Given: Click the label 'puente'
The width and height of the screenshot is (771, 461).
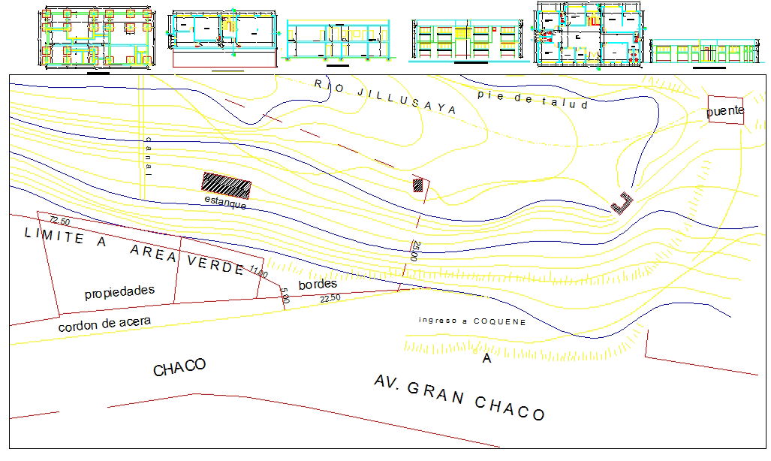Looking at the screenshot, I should [x=725, y=112].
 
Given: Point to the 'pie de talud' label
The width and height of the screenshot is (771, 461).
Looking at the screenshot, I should [x=532, y=100].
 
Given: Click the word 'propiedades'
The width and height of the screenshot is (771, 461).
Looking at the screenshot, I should [x=119, y=291].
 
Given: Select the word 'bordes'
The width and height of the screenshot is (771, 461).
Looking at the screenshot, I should [x=318, y=285].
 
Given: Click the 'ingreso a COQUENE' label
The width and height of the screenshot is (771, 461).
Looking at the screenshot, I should [x=472, y=321].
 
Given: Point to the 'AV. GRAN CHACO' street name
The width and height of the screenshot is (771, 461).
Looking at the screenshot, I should [x=459, y=398].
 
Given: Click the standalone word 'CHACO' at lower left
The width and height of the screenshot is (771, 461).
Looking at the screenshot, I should [x=179, y=368].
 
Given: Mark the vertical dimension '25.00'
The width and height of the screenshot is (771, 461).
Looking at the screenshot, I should [x=414, y=251].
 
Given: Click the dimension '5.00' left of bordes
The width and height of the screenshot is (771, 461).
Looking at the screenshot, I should [x=285, y=296].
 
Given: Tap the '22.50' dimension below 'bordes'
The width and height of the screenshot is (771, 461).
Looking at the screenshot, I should [x=330, y=298].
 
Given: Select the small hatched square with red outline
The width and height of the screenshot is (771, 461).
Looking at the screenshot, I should [x=418, y=185].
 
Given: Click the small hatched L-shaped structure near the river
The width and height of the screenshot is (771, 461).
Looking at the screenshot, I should [x=622, y=203].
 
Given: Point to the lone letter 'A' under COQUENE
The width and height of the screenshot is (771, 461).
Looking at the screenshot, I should [x=486, y=360].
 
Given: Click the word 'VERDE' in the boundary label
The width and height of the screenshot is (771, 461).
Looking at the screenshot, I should [x=215, y=261].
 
